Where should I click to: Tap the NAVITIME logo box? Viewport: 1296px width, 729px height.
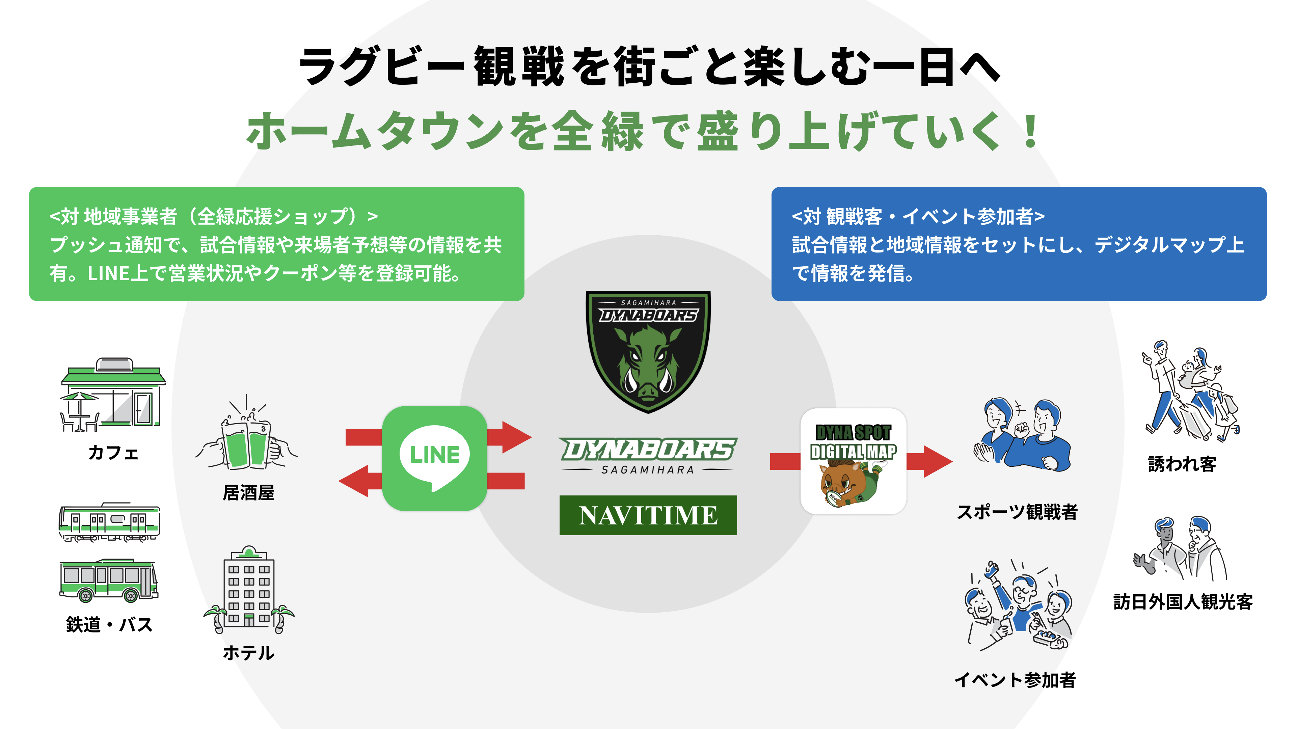[648, 515]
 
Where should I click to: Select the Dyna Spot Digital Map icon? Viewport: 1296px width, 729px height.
[853, 461]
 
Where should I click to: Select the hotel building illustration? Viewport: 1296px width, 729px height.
[248, 589]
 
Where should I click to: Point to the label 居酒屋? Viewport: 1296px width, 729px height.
[248, 492]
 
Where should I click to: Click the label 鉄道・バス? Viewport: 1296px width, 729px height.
[109, 624]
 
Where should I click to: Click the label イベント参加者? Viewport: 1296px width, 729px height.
[1015, 680]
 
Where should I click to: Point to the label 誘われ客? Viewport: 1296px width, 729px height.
[1182, 464]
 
